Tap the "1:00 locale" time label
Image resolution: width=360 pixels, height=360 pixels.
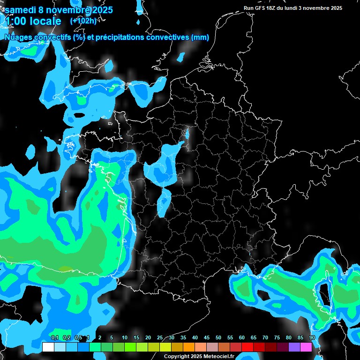coord(33,21)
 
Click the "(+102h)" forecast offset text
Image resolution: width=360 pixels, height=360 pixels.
coord(84,21)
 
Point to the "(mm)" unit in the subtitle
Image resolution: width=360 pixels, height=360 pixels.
coord(200,37)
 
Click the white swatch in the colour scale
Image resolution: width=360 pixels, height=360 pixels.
coord(48,347)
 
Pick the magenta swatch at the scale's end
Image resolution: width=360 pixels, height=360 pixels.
coord(306,347)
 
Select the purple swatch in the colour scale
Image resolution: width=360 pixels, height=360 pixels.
coord(294,347)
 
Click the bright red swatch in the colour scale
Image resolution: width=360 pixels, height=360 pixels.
coord(247,347)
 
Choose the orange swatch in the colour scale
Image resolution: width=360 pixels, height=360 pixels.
coord(189,347)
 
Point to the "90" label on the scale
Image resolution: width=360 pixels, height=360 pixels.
coord(312,338)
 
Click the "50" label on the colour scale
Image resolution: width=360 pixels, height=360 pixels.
coord(218,338)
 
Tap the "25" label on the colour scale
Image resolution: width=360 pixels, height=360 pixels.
coord(160,338)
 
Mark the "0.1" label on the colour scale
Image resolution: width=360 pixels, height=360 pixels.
coord(54,338)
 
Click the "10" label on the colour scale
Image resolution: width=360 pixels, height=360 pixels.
coord(125,338)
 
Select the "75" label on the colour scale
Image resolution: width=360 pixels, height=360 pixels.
coord(277,338)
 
